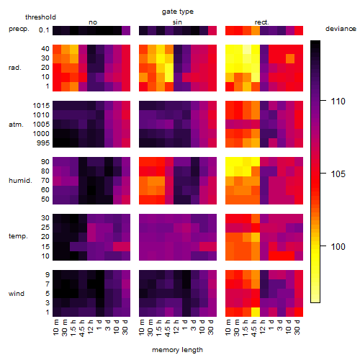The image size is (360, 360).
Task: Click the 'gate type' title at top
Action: click(178, 12)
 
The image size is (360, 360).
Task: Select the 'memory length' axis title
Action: click(177, 350)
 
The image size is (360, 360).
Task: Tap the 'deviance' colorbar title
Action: click(341, 29)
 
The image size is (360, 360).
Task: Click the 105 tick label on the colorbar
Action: click(338, 174)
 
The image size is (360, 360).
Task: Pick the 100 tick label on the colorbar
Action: click(338, 246)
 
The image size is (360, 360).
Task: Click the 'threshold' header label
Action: click(40, 17)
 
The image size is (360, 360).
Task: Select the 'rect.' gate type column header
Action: click(262, 22)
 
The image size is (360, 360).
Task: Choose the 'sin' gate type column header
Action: click(177, 22)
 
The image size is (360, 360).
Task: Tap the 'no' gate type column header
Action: click(93, 22)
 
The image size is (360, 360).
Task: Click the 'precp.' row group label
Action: click(19, 29)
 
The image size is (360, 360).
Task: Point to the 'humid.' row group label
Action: click(20, 180)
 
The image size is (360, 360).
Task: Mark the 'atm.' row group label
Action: click(16, 125)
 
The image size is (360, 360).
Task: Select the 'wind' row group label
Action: click(17, 293)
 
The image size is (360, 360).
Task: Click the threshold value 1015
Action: click(41, 105)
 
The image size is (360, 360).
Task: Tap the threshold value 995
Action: click(43, 143)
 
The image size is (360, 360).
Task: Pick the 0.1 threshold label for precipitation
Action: click(44, 30)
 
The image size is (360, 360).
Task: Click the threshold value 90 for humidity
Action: click(45, 162)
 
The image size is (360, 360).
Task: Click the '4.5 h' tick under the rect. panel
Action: click(253, 328)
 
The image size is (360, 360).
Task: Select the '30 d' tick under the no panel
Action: click(125, 327)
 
